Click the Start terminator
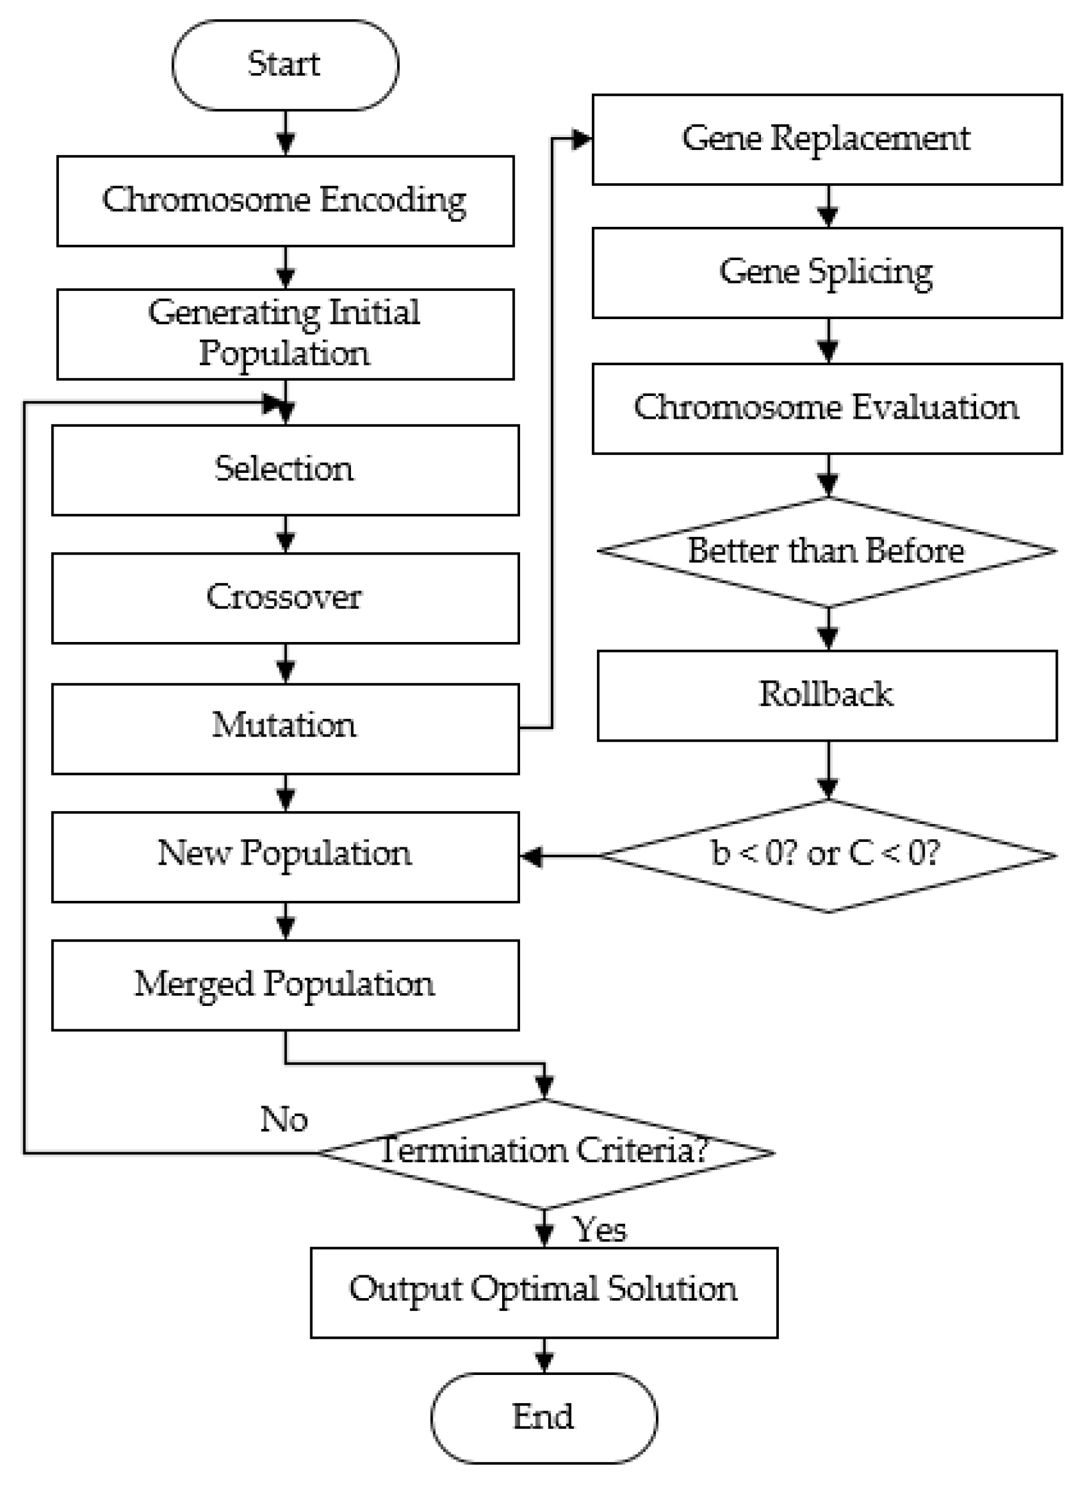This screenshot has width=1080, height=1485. [285, 65]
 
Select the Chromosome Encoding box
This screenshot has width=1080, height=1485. [285, 201]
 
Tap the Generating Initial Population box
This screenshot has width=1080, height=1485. [285, 334]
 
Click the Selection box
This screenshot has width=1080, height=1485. [285, 469]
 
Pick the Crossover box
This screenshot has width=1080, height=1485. [285, 598]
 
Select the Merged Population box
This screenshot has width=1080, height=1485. [285, 984]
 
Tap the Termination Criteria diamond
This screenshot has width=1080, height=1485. [545, 1153]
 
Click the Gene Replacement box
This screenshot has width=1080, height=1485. [827, 140]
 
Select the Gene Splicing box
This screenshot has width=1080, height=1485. [827, 272]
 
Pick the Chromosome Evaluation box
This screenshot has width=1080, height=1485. [827, 408]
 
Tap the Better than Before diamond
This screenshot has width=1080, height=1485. [827, 552]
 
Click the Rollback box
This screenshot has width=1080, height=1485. [827, 695]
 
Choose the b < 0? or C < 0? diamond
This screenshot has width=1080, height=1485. [827, 855]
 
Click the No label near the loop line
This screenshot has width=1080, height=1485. [283, 1119]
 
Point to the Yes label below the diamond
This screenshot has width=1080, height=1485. [600, 1230]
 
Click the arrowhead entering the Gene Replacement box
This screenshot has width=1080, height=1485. [582, 140]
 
